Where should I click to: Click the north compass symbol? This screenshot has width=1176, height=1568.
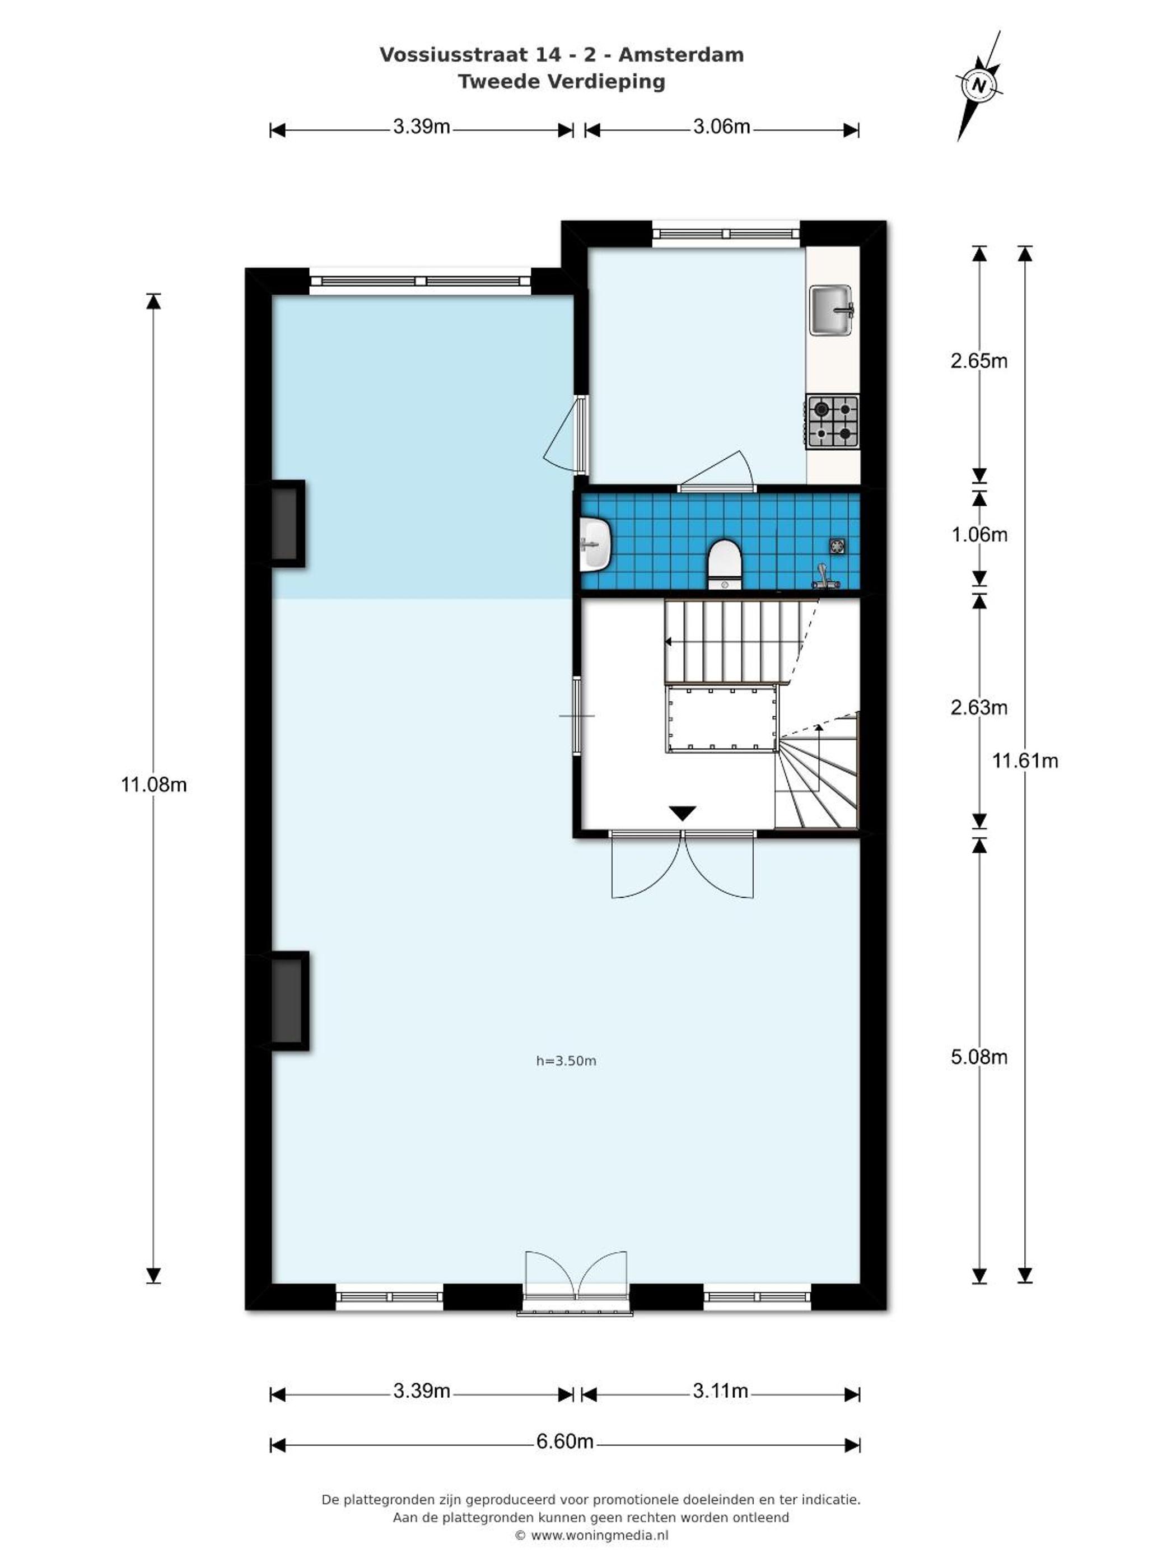point(979,86)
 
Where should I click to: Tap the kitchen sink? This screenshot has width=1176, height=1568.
point(832,309)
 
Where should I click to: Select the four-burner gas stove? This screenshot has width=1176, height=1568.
point(832,421)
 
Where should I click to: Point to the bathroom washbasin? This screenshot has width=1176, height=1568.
point(595,544)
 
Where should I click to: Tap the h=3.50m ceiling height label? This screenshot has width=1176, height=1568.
point(566,1061)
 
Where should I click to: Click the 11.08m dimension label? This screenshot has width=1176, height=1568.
point(154,785)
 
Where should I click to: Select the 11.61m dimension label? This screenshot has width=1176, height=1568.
point(1025,760)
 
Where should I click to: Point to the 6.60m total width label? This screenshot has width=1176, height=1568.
point(565,1442)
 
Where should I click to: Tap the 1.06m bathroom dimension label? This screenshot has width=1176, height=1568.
point(979,534)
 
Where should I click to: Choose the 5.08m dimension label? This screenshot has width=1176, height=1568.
point(979,1057)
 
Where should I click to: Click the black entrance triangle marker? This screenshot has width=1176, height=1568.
point(682,813)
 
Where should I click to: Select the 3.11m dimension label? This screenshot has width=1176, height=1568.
point(720,1391)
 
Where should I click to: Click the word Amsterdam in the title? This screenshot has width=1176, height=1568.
point(681,54)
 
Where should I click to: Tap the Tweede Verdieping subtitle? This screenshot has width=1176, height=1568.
point(562,82)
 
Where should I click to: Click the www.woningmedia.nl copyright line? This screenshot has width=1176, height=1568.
point(591,1536)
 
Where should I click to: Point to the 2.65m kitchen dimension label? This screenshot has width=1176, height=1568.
point(979,361)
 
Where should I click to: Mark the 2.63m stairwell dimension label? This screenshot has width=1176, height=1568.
point(979,707)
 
